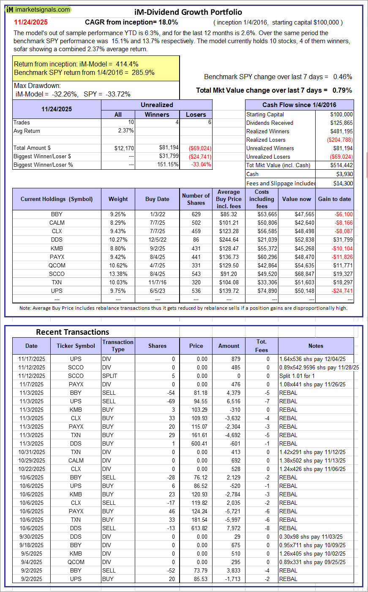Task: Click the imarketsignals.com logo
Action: [38, 10]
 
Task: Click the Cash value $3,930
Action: [345, 174]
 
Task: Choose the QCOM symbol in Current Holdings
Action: [57, 265]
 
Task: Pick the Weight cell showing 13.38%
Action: [118, 274]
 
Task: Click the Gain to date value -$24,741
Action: [341, 291]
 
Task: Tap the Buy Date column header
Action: [157, 199]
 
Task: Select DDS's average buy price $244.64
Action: [229, 240]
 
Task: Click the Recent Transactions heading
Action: [72, 332]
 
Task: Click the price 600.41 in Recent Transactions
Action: [196, 443]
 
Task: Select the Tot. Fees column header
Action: [262, 346]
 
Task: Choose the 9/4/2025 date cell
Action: [31, 562]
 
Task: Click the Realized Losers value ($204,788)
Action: [339, 140]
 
